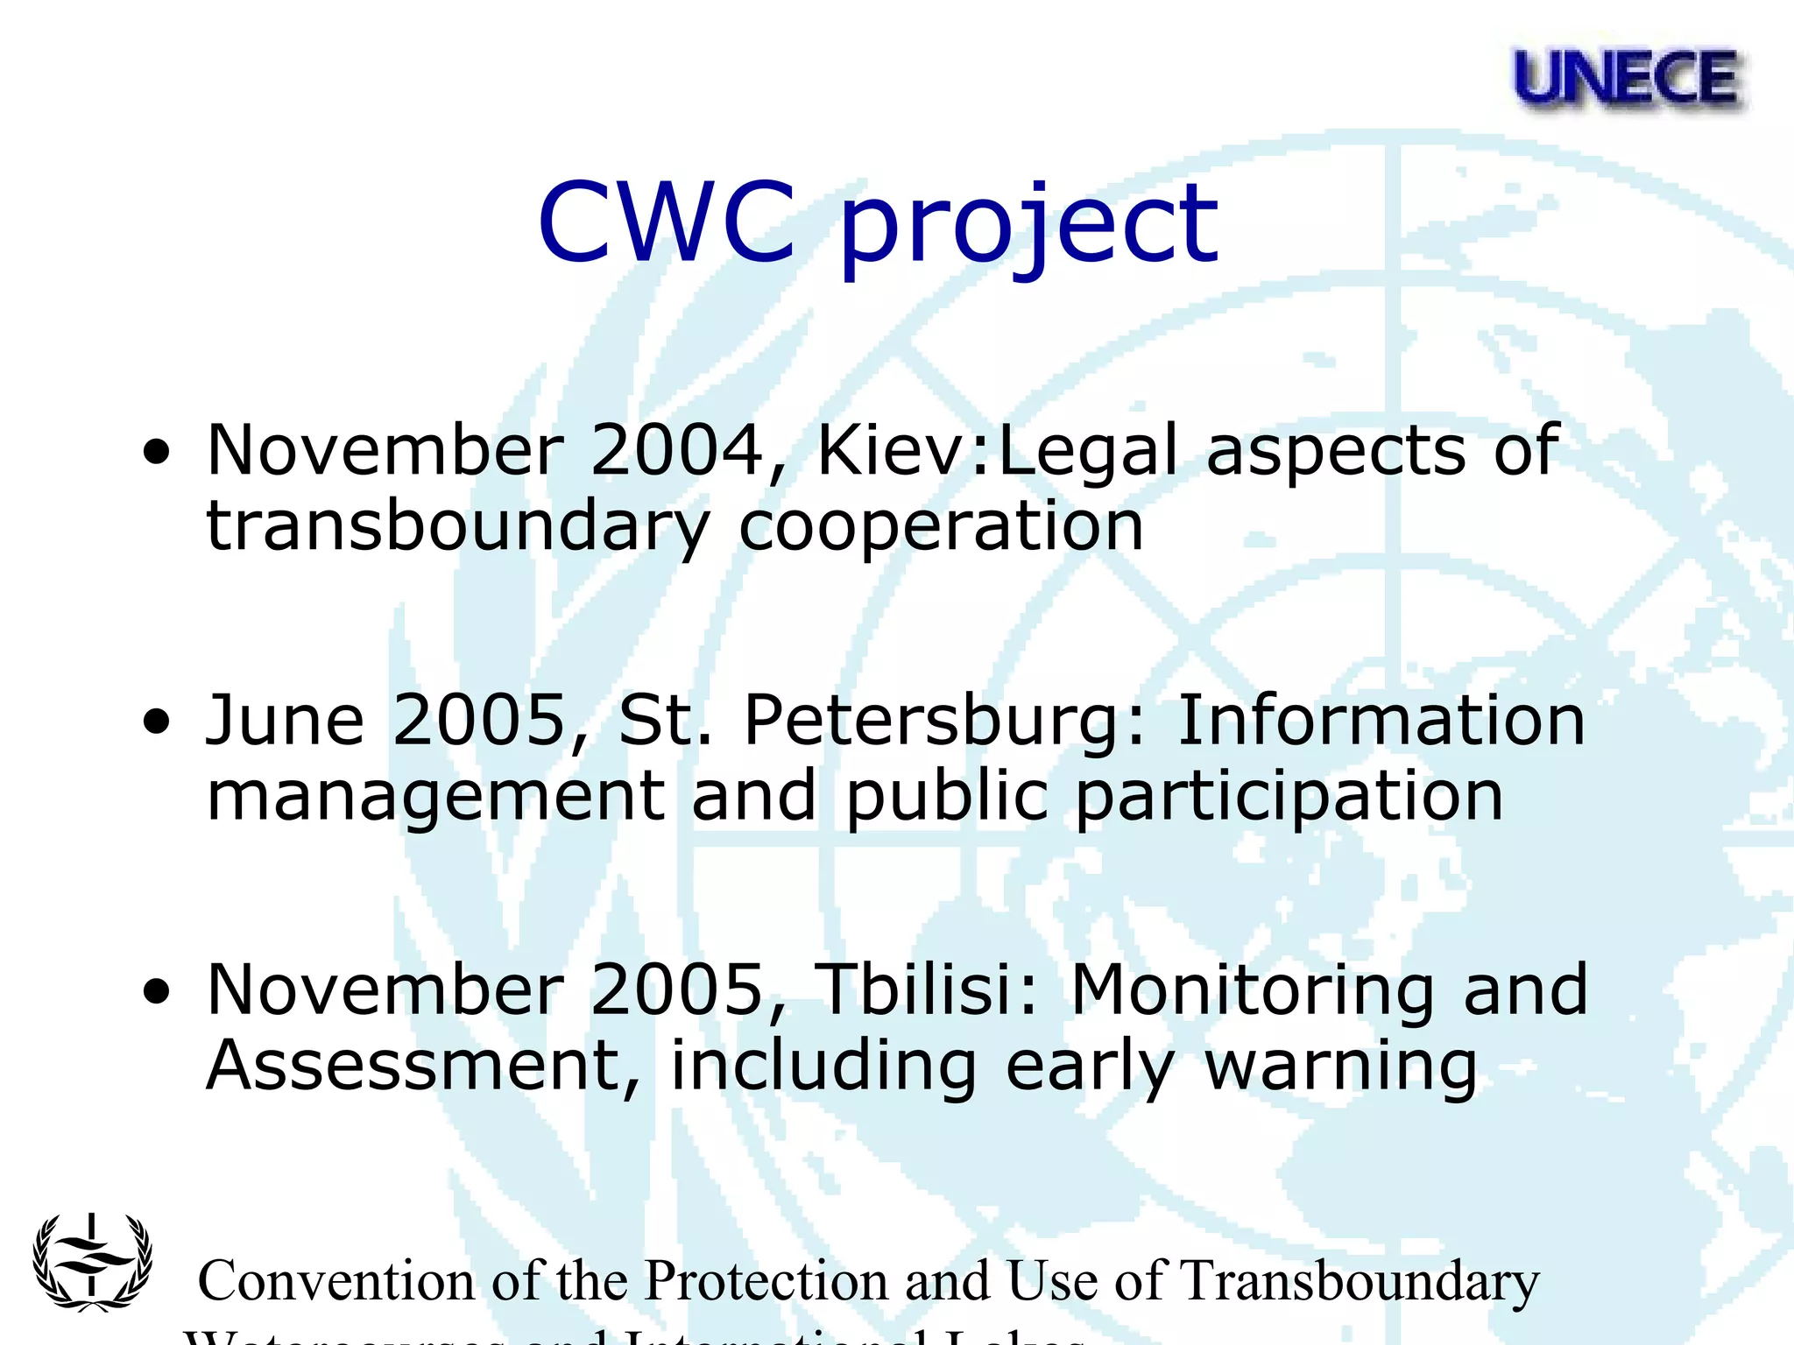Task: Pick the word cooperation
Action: (x=941, y=529)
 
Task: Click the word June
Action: (x=285, y=720)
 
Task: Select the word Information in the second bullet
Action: (x=1381, y=720)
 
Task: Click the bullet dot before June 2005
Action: (x=157, y=723)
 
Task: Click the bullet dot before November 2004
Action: (x=157, y=454)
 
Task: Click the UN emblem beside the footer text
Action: (x=92, y=1262)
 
